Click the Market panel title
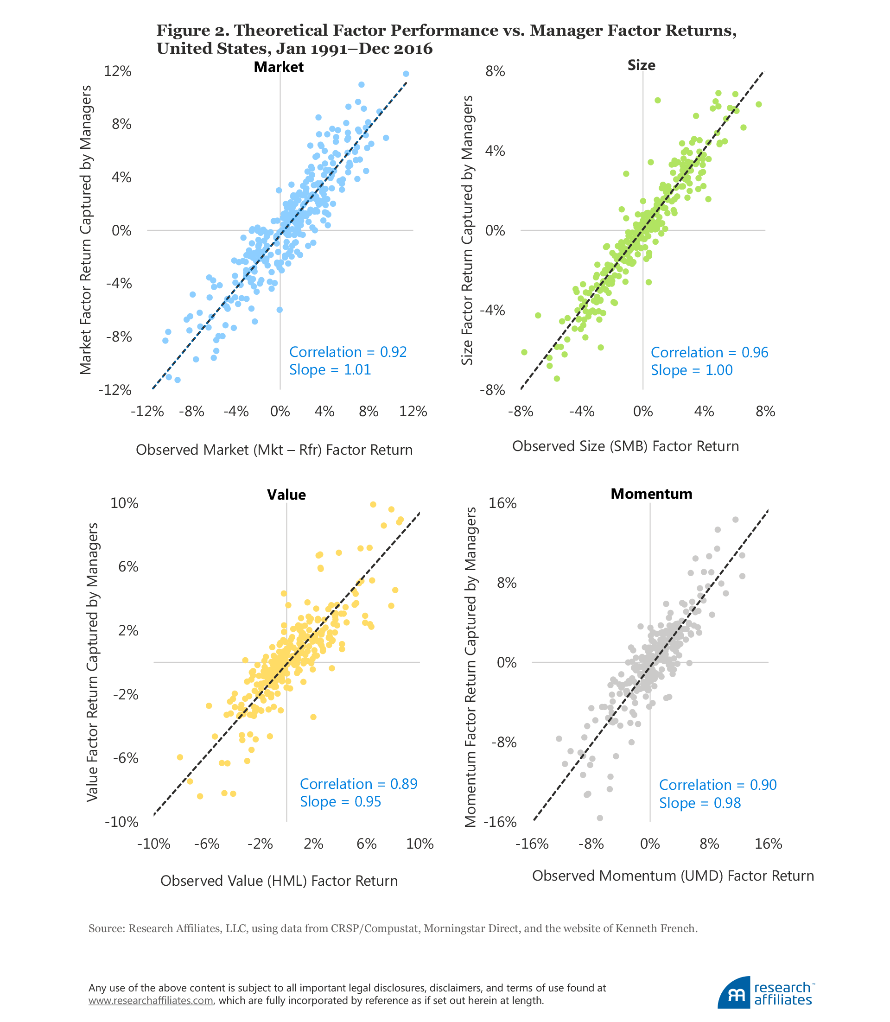tap(278, 67)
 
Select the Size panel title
tap(641, 65)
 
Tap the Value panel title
tap(286, 495)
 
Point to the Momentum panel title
tap(651, 494)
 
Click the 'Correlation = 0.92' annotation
tap(348, 352)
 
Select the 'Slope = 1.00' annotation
tap(691, 370)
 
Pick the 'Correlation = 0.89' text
tap(358, 784)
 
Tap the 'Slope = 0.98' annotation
tap(699, 803)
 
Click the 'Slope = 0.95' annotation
tap(340, 802)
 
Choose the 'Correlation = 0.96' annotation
tap(709, 353)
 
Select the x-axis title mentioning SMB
tap(625, 446)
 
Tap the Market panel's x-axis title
tap(274, 450)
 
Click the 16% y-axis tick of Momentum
tap(503, 503)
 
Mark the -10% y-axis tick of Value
tap(121, 822)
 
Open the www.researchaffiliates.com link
tap(151, 1001)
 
